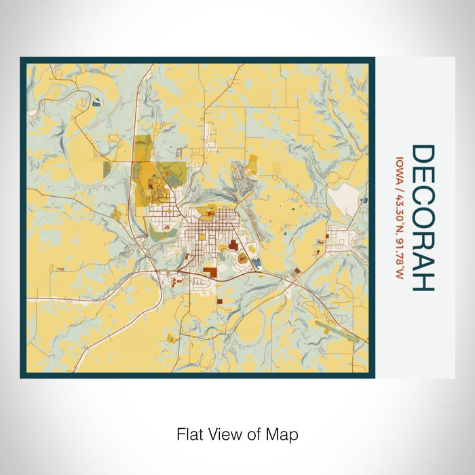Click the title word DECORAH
(x=423, y=218)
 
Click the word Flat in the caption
(x=189, y=434)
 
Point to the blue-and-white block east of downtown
(x=256, y=264)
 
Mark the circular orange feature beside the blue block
(x=242, y=258)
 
